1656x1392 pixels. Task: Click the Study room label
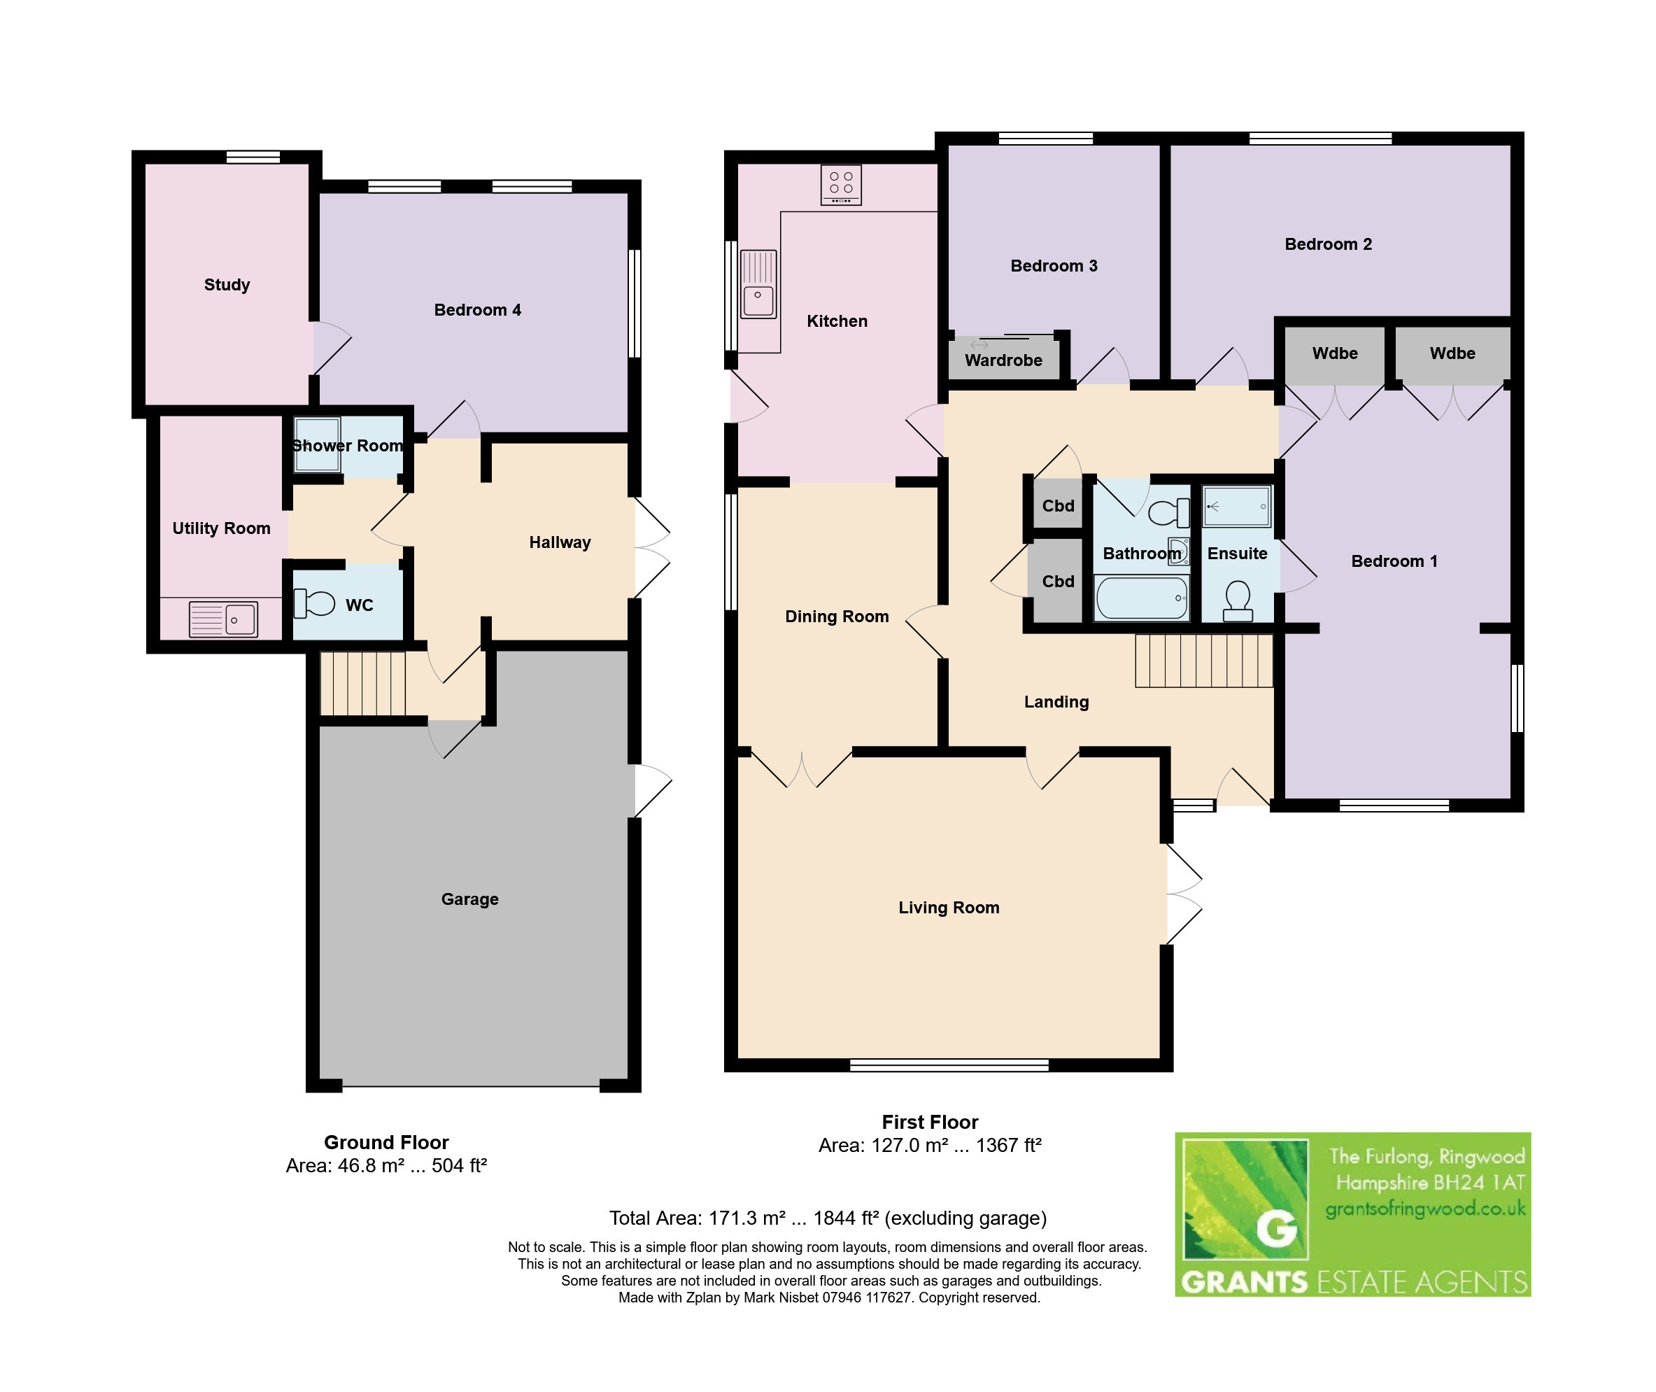point(227,285)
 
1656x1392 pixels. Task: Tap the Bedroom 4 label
point(477,310)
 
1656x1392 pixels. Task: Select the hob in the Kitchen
point(841,185)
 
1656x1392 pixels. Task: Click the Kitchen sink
point(758,284)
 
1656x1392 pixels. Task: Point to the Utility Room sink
point(223,619)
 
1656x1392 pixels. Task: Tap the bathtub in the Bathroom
point(1142,598)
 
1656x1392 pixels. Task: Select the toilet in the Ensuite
point(1237,601)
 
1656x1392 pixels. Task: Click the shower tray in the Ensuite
point(1236,506)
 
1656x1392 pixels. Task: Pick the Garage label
point(469,899)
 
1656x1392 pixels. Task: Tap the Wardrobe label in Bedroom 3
point(1003,360)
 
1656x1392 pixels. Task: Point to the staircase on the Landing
point(1204,661)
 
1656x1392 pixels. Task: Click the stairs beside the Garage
point(363,683)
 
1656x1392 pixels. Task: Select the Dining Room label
point(836,617)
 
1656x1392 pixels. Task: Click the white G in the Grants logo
point(1275,1229)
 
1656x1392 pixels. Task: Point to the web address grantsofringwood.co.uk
point(1425,1209)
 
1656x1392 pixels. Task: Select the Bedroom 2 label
point(1328,245)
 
